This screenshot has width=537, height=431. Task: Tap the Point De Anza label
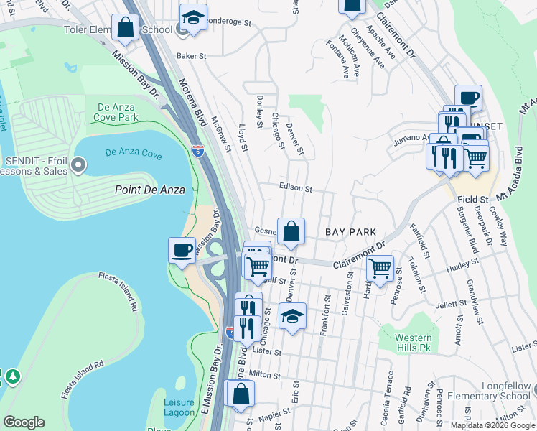[150, 190]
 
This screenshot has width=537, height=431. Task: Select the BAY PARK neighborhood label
[351, 233]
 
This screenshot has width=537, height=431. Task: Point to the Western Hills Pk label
[414, 343]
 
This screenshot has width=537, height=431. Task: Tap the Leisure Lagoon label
[179, 407]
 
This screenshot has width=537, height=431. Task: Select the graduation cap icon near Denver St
[292, 316]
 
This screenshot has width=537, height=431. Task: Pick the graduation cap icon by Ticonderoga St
[193, 18]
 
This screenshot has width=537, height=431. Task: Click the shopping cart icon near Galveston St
[380, 269]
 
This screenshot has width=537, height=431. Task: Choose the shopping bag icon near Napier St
[241, 393]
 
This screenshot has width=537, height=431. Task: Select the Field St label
[474, 198]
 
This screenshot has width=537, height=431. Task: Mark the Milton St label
[264, 374]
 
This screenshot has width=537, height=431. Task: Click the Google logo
[24, 422]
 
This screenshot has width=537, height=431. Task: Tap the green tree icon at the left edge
[12, 376]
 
